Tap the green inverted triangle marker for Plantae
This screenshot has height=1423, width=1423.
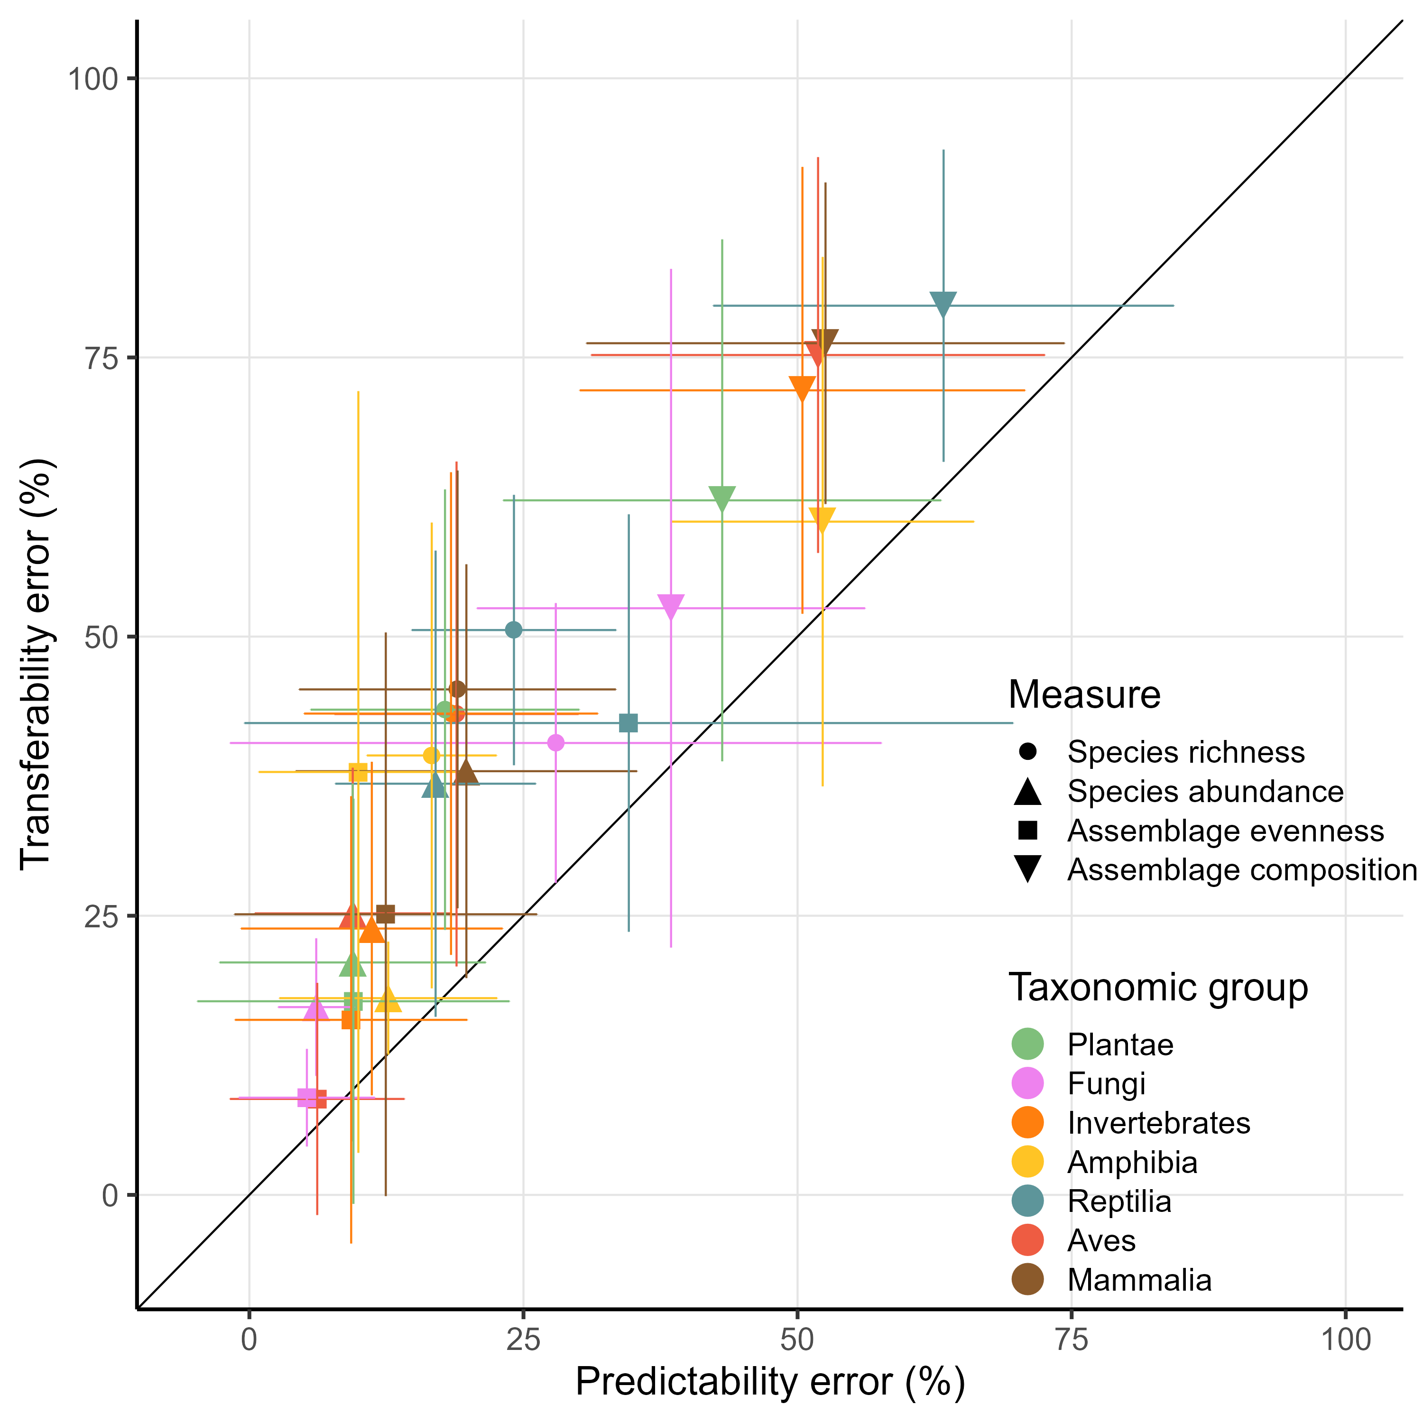(722, 498)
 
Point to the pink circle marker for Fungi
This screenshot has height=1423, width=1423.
(556, 742)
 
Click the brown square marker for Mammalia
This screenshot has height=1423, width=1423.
(385, 914)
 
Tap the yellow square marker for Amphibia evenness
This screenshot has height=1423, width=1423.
(358, 772)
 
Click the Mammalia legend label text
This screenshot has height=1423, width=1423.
(1139, 1280)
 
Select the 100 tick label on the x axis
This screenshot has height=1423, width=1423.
(1345, 1339)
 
